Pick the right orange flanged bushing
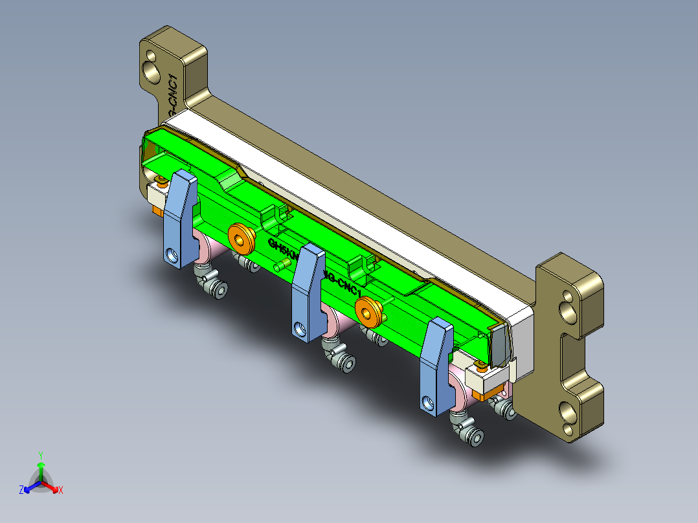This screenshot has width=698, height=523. (x=368, y=311)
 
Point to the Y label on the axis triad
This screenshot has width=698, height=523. (x=40, y=455)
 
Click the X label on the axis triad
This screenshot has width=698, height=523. (x=61, y=490)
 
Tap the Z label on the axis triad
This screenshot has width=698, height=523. (x=21, y=490)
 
